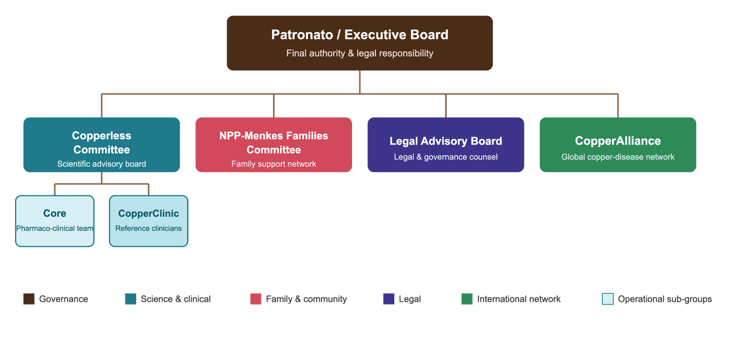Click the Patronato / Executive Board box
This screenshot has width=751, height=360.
(x=360, y=43)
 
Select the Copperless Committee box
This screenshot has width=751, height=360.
(x=101, y=145)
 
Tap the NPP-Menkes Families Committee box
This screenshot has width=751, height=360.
(x=274, y=145)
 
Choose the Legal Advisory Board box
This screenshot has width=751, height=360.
(x=446, y=145)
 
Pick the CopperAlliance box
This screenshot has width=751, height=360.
(x=618, y=145)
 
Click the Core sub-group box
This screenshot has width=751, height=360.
(x=54, y=221)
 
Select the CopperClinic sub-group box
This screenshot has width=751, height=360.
(x=148, y=221)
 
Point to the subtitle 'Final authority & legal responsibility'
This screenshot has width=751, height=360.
(x=360, y=54)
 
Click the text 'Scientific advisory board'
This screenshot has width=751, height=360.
(x=101, y=164)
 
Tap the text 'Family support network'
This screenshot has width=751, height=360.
(x=274, y=164)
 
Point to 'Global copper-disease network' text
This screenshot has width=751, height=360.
(x=618, y=157)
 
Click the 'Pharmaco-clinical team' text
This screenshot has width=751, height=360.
(x=54, y=228)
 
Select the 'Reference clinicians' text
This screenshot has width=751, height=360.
(x=148, y=228)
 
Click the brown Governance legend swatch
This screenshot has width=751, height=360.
(x=29, y=299)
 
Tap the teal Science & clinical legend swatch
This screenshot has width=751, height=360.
(x=131, y=299)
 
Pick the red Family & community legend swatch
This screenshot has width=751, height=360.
(x=256, y=299)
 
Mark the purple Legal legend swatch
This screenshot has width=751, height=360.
(x=389, y=299)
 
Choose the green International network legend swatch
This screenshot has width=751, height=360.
(x=467, y=299)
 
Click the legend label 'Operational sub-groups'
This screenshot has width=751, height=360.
(x=665, y=299)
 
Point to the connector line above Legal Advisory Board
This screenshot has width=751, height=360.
(x=446, y=106)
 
